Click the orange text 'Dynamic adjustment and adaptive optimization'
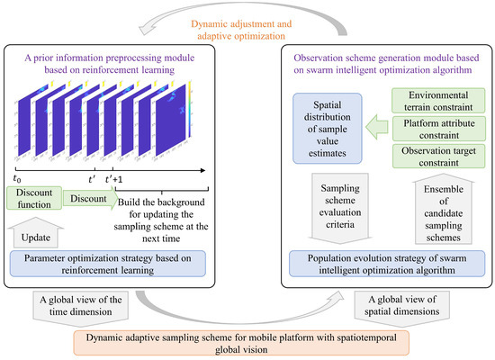click(247, 28)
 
